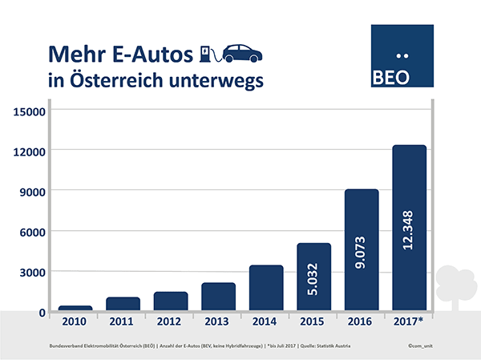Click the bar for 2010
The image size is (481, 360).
point(75,308)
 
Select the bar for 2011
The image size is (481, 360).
point(123,304)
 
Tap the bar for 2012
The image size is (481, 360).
point(171,301)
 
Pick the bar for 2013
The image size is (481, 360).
point(218,297)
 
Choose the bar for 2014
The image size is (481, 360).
point(266,288)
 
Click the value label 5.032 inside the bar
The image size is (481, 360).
point(314,277)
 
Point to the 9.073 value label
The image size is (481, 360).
point(362,250)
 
